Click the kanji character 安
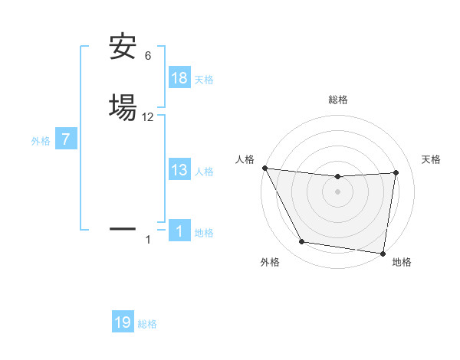click(x=123, y=47)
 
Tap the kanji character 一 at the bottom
click(x=123, y=227)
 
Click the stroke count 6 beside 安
click(x=148, y=56)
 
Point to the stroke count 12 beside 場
click(x=148, y=117)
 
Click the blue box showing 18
click(x=179, y=78)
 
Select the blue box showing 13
click(x=179, y=170)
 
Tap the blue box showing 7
click(x=66, y=139)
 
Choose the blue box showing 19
click(x=123, y=322)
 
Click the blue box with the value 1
click(x=179, y=231)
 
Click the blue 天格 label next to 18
click(x=204, y=80)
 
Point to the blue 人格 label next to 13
click(x=204, y=172)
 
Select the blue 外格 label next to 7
click(x=41, y=141)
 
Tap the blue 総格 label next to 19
click(x=147, y=324)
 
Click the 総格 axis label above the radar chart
click(x=338, y=100)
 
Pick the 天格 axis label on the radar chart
click(x=432, y=159)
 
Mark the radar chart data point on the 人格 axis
click(x=264, y=168)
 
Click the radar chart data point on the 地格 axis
click(x=383, y=253)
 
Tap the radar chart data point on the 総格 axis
click(x=338, y=177)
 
